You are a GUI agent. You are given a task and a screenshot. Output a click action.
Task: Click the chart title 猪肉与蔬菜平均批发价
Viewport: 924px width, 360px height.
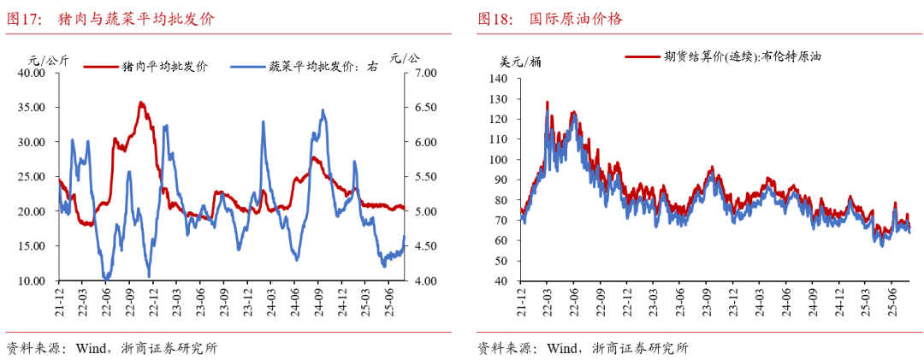(137, 18)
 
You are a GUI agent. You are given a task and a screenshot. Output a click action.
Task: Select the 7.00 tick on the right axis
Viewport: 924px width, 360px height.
(424, 74)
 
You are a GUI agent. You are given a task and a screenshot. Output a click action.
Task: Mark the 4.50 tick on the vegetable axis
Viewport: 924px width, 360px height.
(424, 246)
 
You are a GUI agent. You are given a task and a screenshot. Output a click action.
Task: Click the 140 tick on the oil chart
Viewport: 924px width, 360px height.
(499, 79)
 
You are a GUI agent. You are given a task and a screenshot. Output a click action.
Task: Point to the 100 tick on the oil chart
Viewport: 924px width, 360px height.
(499, 159)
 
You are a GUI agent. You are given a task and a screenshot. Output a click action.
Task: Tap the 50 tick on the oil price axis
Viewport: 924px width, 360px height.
(501, 260)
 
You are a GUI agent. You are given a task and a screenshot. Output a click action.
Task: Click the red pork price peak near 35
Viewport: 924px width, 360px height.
(141, 103)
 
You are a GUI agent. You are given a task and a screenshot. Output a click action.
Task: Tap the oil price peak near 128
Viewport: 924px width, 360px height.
(547, 103)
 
